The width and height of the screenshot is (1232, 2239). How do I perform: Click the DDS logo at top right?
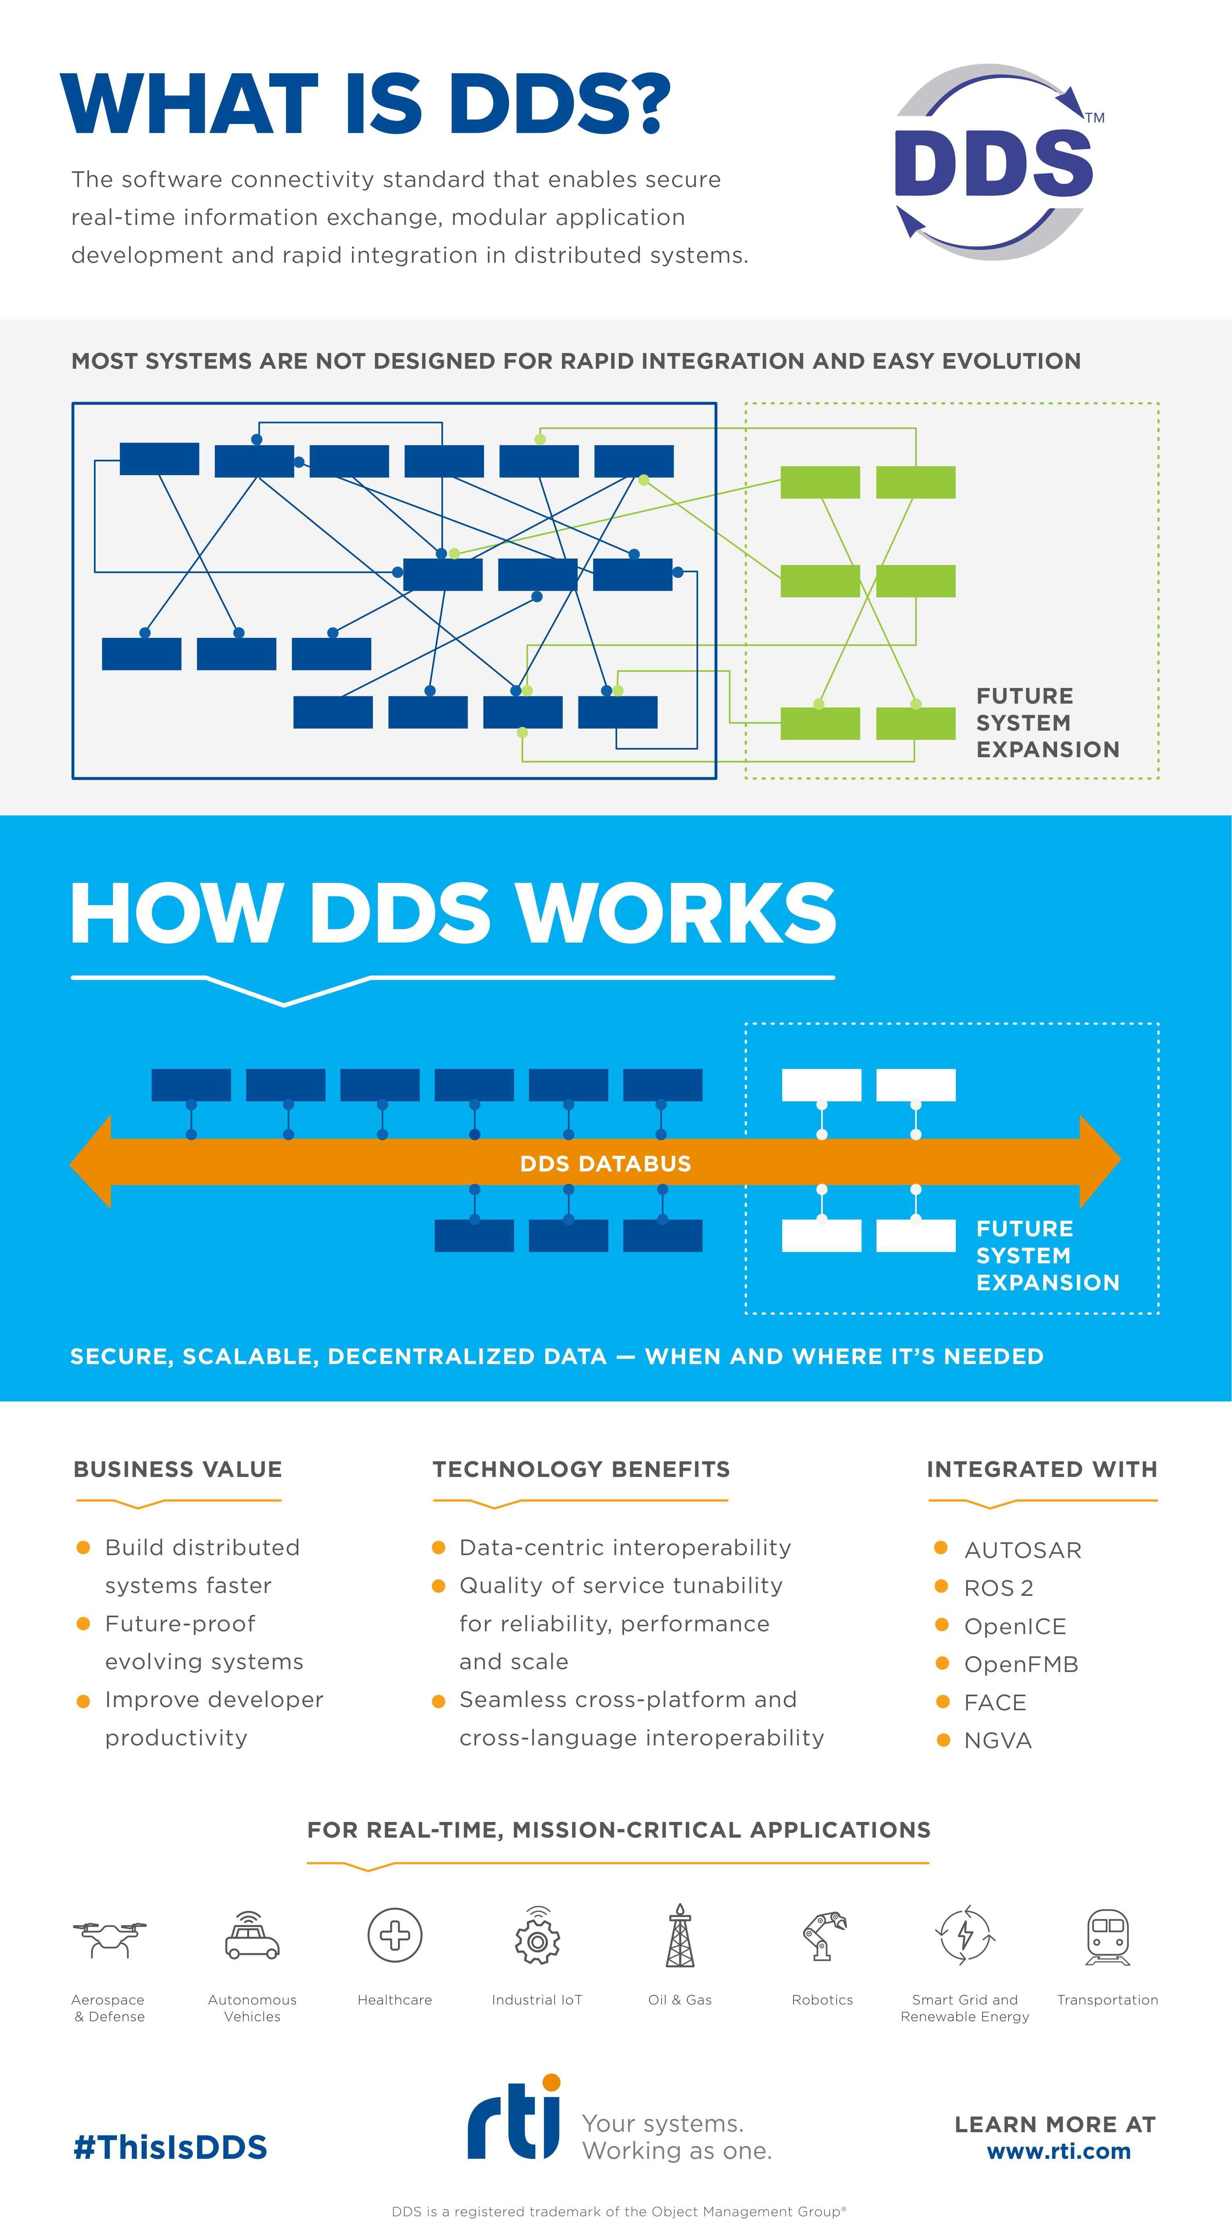click(x=994, y=162)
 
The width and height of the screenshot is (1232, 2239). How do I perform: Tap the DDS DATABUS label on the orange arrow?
click(x=605, y=1163)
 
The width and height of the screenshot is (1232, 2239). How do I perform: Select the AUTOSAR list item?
click(x=1022, y=1550)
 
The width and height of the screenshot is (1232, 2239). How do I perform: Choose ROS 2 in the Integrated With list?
click(x=998, y=1588)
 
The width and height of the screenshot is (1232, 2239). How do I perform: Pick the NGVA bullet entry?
click(x=997, y=1740)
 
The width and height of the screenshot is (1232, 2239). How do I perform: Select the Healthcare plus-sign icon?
click(x=395, y=1935)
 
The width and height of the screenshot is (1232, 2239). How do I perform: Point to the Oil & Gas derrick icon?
click(x=680, y=1935)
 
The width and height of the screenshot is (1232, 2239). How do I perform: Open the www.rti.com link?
click(x=1058, y=2151)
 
